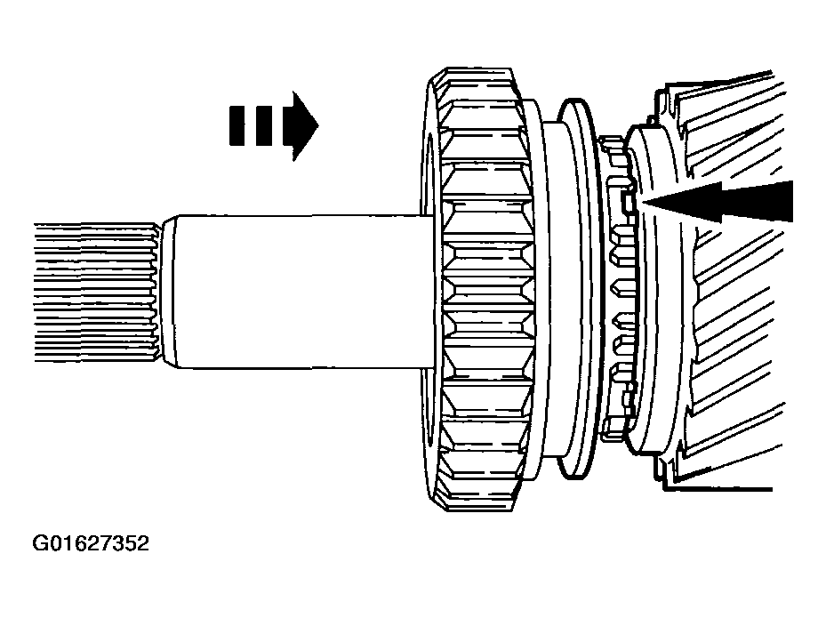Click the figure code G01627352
(91, 543)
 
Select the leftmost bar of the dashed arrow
(237, 126)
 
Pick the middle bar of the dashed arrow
(264, 126)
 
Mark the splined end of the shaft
(96, 293)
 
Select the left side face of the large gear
(429, 289)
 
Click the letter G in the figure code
(39, 543)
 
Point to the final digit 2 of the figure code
(143, 543)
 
